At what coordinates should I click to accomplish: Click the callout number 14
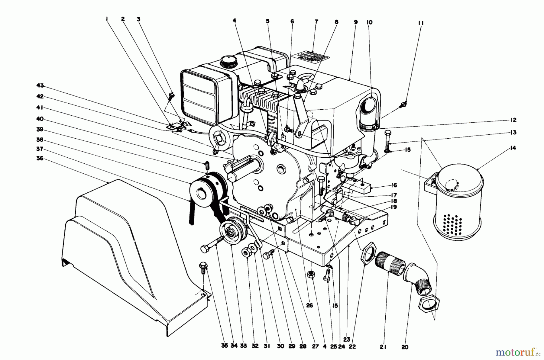click(x=513, y=148)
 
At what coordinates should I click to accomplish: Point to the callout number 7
click(x=316, y=22)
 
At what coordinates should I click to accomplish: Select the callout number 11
click(x=421, y=23)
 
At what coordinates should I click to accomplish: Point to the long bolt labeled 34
click(x=213, y=244)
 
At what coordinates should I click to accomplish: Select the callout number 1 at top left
click(x=107, y=19)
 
